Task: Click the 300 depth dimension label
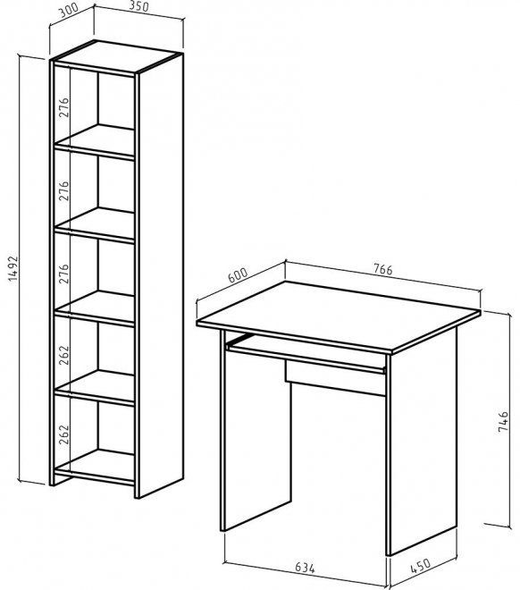[x=69, y=11]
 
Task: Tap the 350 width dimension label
[x=138, y=5]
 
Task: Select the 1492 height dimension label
[x=13, y=269]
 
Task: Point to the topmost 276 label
[x=64, y=107]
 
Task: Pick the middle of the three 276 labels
[x=64, y=190]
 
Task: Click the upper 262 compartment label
[x=64, y=355]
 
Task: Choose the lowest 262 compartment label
[x=64, y=434]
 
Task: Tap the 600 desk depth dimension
[x=238, y=275]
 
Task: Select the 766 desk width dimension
[x=382, y=269]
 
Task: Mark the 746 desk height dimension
[x=503, y=421]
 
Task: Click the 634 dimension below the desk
[x=305, y=568]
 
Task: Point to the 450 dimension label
[x=420, y=566]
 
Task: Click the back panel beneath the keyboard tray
[x=335, y=378]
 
